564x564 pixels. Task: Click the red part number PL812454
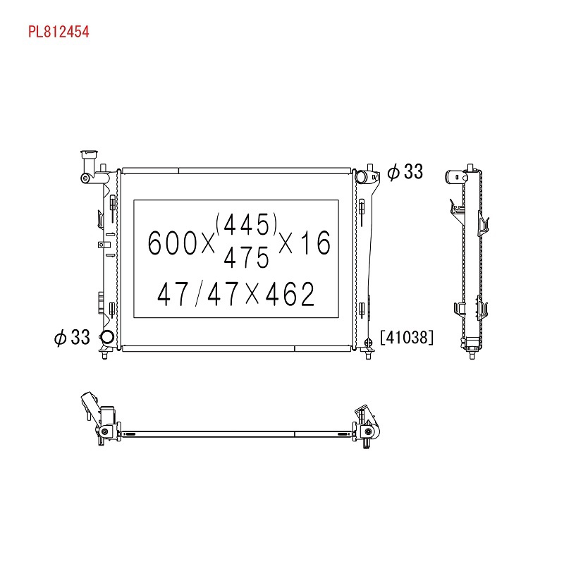[59, 32]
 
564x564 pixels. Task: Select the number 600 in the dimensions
[172, 243]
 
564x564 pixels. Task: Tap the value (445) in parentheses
[246, 223]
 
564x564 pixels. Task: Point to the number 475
[246, 257]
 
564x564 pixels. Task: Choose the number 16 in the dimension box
[315, 243]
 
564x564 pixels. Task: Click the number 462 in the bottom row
[290, 294]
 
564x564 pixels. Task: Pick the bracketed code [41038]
[407, 338]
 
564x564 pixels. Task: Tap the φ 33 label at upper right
[405, 171]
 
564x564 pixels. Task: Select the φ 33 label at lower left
[72, 338]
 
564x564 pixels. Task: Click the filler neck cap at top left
[90, 154]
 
